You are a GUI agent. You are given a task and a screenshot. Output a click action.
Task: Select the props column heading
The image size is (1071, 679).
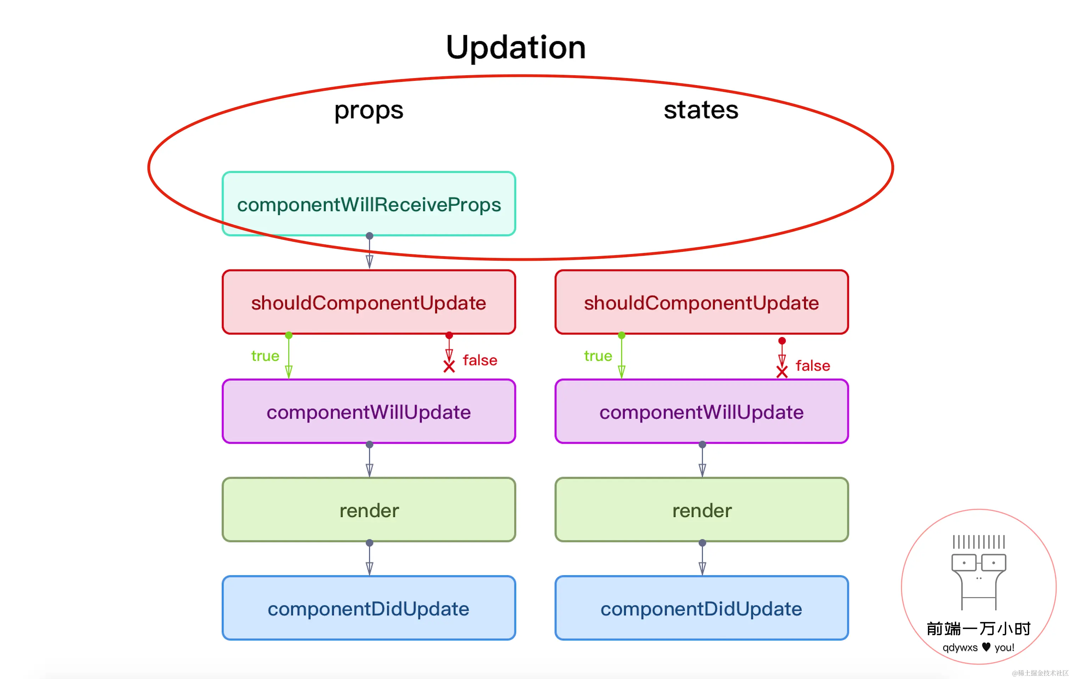pyautogui.click(x=369, y=110)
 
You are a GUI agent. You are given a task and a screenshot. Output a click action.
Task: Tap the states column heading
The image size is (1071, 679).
pyautogui.click(x=701, y=110)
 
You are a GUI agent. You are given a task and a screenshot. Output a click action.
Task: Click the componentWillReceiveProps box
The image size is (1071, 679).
pyautogui.click(x=369, y=204)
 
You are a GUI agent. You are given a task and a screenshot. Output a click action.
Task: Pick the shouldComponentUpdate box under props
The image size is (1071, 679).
pyautogui.click(x=369, y=302)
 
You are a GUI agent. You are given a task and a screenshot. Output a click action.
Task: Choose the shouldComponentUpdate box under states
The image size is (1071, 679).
pyautogui.click(x=701, y=302)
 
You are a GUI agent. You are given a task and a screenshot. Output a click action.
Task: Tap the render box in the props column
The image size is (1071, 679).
pyautogui.click(x=369, y=509)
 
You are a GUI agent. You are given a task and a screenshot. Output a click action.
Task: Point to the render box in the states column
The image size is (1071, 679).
pyautogui.click(x=701, y=509)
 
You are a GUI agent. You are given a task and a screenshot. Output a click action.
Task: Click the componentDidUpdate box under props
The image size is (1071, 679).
pyautogui.click(x=369, y=608)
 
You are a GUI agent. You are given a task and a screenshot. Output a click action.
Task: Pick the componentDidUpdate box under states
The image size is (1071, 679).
pyautogui.click(x=701, y=608)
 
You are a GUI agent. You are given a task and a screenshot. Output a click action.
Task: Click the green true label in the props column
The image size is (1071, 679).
pyautogui.click(x=265, y=356)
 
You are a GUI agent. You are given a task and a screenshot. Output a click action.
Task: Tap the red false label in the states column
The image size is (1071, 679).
pyautogui.click(x=813, y=365)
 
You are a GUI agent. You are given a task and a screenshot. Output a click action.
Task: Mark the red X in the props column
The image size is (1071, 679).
pyautogui.click(x=449, y=366)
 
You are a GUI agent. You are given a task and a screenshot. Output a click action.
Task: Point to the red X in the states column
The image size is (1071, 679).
pyautogui.click(x=782, y=372)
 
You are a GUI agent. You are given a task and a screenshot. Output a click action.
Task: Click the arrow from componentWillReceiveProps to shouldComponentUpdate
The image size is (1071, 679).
pyautogui.click(x=369, y=252)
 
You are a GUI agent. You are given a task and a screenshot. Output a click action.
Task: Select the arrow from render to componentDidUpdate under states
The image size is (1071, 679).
pyautogui.click(x=702, y=558)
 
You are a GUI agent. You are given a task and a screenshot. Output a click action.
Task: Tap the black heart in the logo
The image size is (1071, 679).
pyautogui.click(x=986, y=646)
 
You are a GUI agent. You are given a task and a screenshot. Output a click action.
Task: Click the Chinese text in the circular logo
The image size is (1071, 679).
pyautogui.click(x=979, y=629)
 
